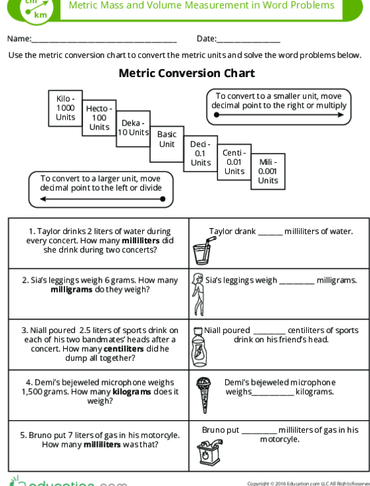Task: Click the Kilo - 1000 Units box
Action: [x=66, y=107]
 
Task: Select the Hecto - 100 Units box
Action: [x=100, y=117]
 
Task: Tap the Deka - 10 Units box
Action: [x=134, y=128]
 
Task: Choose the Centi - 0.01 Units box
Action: [x=234, y=162]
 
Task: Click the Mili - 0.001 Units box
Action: [x=268, y=170]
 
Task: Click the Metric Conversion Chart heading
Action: [x=186, y=73]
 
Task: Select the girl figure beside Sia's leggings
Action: [x=197, y=294]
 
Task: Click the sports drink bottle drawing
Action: [x=198, y=345]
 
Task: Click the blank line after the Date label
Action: [x=249, y=41]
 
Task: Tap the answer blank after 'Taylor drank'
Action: [x=270, y=233]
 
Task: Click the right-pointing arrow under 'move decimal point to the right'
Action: [x=278, y=116]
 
